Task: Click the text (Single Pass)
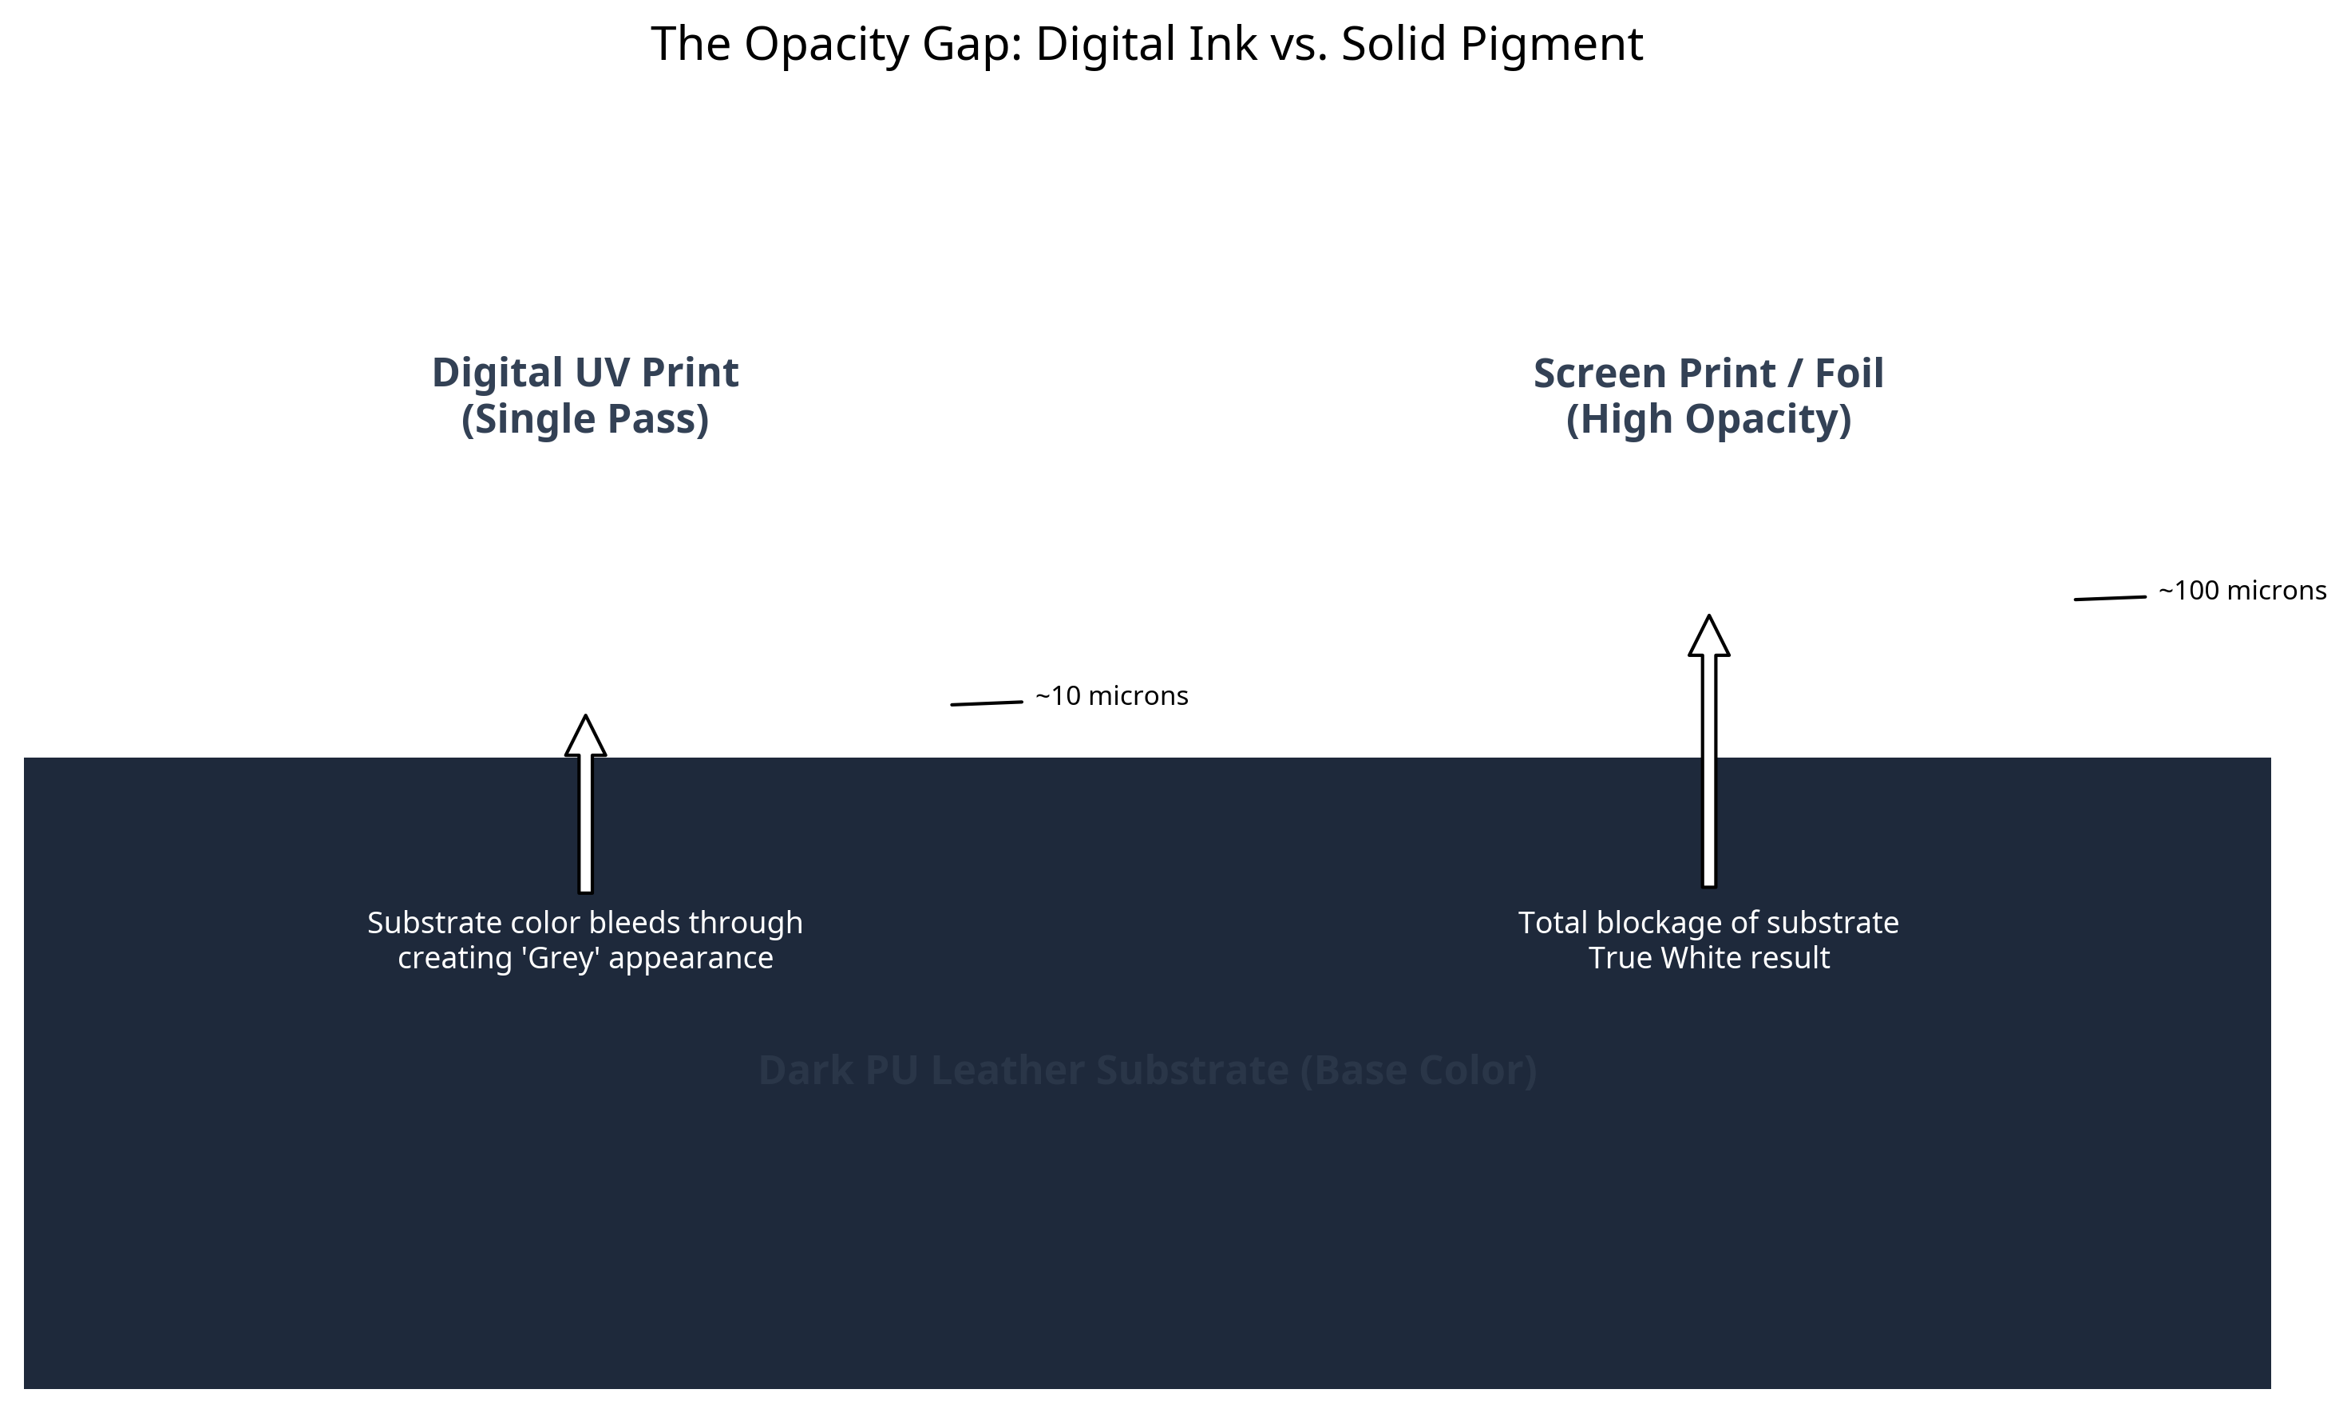(x=584, y=419)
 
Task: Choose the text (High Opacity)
(x=1708, y=419)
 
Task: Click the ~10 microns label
(x=1110, y=696)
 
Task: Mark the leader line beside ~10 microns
(x=986, y=703)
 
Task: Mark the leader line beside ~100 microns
(x=2109, y=597)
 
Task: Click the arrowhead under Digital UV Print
(x=584, y=737)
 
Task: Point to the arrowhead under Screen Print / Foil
(x=1708, y=637)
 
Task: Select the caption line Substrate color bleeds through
(x=584, y=923)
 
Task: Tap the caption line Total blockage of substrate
(x=1708, y=923)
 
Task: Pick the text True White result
(x=1708, y=958)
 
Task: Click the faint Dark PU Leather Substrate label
(x=1146, y=1071)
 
